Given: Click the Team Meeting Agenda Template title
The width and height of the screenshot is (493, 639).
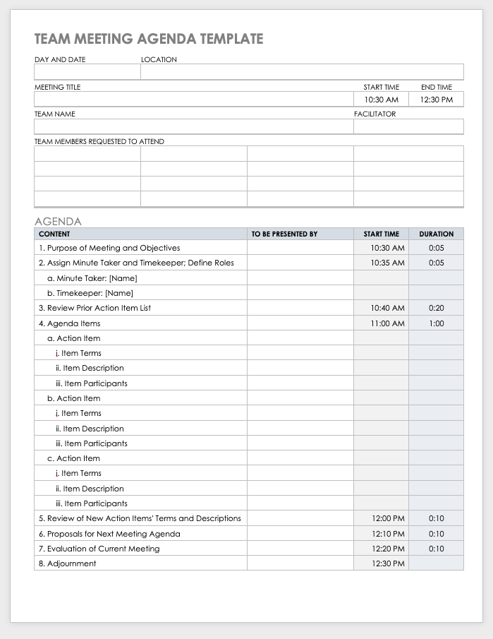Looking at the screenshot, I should (149, 39).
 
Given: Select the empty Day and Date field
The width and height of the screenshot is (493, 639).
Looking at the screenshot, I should (87, 72).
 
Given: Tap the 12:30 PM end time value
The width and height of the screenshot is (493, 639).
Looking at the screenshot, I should (436, 100).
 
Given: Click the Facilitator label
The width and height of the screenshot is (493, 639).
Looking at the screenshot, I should (375, 114).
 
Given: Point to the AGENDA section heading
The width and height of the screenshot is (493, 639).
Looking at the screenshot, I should (58, 221).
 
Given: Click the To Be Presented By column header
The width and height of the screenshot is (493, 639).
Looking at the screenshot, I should (284, 234).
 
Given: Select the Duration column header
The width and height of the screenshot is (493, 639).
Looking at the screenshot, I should (436, 234).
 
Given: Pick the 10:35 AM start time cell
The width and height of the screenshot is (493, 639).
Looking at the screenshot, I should (387, 263).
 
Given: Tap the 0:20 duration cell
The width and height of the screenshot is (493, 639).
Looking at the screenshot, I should (436, 308).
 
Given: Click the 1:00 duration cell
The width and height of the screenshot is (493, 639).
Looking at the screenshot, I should (436, 323).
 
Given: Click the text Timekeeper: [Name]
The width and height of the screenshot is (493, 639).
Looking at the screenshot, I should (90, 293).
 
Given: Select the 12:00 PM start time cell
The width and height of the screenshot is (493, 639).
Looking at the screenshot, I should (387, 518).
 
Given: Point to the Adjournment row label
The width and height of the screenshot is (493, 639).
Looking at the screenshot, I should (67, 563).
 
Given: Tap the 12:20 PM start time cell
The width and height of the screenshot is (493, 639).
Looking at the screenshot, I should (387, 549).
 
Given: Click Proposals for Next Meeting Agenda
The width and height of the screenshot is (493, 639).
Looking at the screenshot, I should (109, 534).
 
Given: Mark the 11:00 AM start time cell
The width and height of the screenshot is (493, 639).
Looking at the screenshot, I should (387, 323).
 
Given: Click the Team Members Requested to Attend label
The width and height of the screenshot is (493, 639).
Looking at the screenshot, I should (99, 142).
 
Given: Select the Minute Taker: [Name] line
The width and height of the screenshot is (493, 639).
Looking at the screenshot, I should (92, 278).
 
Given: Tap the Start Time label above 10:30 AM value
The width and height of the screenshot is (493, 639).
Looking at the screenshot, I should (382, 88).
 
